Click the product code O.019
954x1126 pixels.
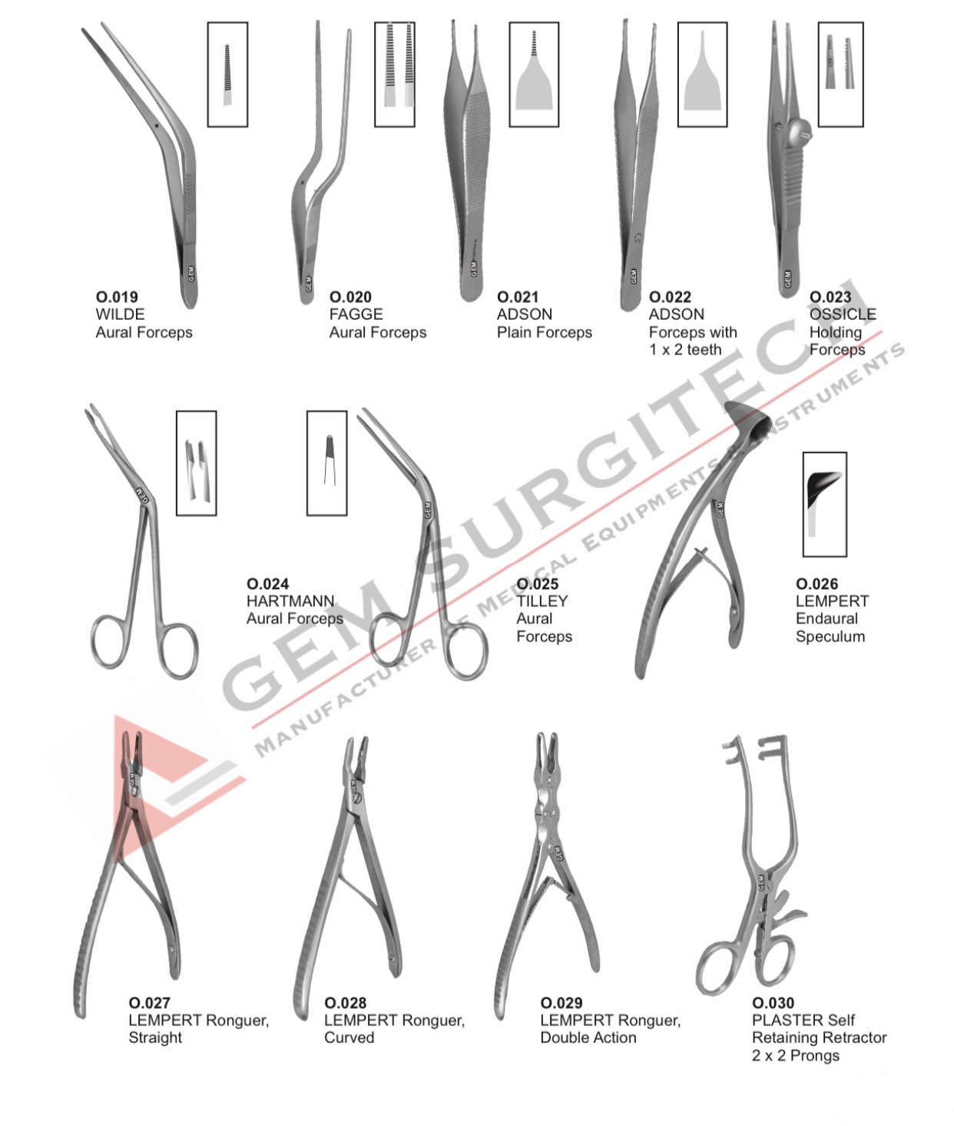117,297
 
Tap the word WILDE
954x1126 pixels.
120,314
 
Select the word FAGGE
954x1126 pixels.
356,314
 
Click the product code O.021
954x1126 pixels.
518,297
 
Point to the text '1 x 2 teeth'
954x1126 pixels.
685,350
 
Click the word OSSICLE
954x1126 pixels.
843,314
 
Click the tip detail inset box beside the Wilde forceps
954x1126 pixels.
227,75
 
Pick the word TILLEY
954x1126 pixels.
542,601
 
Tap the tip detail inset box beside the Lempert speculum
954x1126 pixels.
824,504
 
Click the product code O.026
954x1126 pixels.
817,584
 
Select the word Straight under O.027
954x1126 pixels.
155,1038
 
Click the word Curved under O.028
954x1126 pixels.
349,1038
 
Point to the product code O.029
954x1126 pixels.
561,1003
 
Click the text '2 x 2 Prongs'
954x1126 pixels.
795,1055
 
